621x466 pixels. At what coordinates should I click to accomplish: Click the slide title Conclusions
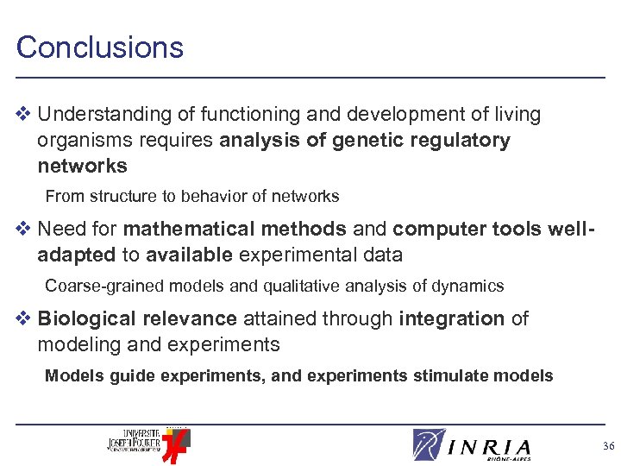click(x=100, y=47)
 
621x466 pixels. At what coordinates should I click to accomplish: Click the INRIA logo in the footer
click(x=472, y=444)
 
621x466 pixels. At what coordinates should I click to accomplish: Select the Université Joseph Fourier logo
click(x=147, y=441)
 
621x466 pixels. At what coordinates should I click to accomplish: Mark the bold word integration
click(x=451, y=318)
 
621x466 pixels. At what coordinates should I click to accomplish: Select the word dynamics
click(x=472, y=286)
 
